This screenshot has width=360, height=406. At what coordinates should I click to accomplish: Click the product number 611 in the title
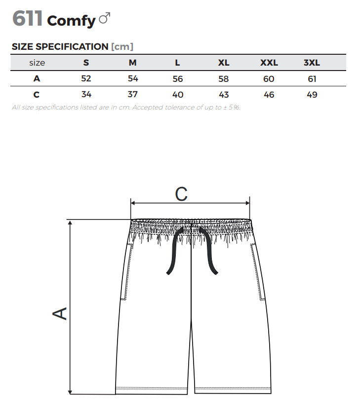click(x=27, y=19)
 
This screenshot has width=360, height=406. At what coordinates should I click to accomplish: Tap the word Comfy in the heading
click(x=71, y=20)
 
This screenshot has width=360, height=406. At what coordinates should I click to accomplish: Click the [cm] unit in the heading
click(x=122, y=46)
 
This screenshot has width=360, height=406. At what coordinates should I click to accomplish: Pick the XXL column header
click(x=269, y=63)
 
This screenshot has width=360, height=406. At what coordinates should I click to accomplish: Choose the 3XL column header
click(x=312, y=63)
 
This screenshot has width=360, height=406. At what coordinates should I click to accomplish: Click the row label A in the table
click(x=37, y=79)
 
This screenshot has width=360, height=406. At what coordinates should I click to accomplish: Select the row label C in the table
click(x=37, y=95)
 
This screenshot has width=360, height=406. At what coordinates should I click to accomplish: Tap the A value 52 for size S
click(x=86, y=78)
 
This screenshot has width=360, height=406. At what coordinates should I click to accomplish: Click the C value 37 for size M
click(x=132, y=94)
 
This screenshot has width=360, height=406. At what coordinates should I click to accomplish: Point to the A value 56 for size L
click(x=178, y=79)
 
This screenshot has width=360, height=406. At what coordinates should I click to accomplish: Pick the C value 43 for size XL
click(x=223, y=95)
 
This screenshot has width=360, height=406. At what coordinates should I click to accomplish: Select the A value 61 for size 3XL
click(x=312, y=79)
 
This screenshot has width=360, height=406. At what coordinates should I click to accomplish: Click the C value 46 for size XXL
click(x=269, y=95)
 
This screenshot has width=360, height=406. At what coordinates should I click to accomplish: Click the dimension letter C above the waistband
click(x=181, y=194)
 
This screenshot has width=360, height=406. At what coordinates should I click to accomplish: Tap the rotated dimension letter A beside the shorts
click(x=60, y=313)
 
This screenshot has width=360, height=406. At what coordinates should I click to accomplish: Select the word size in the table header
click(x=37, y=63)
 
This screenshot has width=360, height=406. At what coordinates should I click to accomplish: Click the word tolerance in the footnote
click(x=188, y=107)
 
